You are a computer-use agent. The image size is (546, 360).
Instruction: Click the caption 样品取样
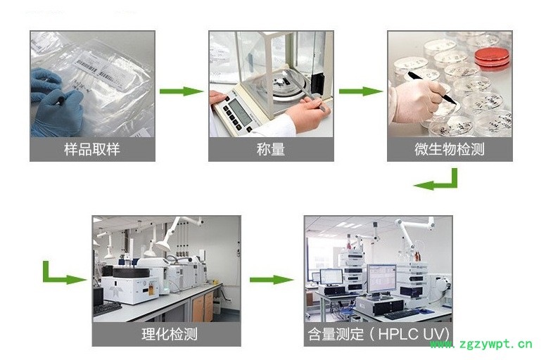click(92, 150)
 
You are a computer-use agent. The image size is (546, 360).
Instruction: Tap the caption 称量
click(271, 150)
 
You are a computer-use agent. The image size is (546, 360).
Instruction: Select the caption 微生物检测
click(449, 150)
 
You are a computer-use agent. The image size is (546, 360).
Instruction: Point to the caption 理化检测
click(170, 334)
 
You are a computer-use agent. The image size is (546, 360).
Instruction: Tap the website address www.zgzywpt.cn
click(481, 345)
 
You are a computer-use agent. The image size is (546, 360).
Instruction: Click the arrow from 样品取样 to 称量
click(181, 91)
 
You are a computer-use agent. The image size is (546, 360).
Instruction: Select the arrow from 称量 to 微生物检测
click(361, 91)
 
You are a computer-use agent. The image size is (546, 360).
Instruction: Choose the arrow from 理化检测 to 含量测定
click(272, 280)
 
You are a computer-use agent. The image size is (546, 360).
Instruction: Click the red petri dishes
click(492, 58)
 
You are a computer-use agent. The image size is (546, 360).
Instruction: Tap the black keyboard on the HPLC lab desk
click(402, 314)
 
